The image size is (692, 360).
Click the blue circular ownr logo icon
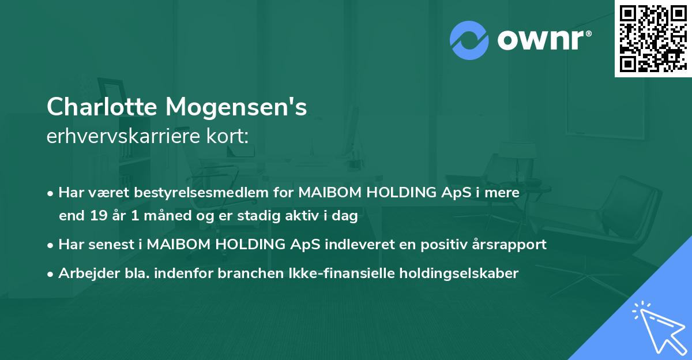(469, 40)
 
